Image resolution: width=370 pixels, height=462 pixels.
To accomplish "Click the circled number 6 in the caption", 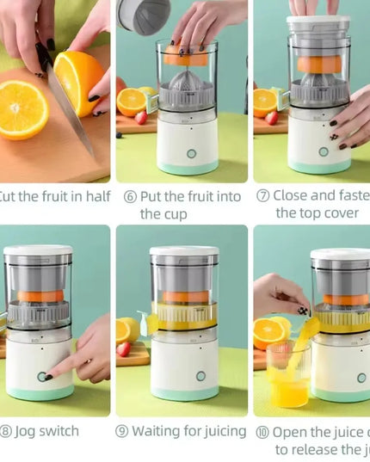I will coord(130,197).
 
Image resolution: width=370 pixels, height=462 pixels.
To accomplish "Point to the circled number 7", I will coord(264,196).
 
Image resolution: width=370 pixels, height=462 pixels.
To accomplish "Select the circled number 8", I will coord(7,431).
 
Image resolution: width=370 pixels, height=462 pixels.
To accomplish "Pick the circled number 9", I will coord(123,431).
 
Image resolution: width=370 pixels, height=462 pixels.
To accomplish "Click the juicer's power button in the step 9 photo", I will coord(200,376).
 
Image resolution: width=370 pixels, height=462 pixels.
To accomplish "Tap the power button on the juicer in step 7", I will coord(324,151).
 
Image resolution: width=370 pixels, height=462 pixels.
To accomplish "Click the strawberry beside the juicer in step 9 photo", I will coord(125,348).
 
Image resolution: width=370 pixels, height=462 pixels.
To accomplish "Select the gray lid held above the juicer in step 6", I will coord(144,15).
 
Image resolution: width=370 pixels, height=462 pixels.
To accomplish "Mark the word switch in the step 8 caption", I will coord(60,431).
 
